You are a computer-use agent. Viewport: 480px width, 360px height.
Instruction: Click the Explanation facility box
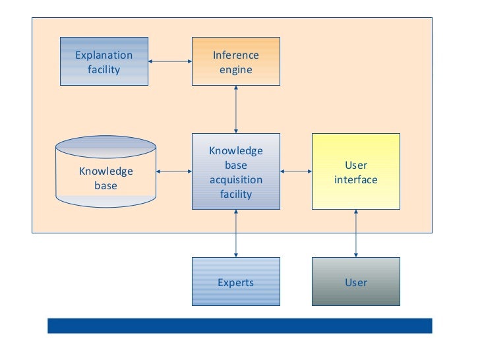tap(104, 61)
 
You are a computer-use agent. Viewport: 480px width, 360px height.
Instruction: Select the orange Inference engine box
tap(236, 61)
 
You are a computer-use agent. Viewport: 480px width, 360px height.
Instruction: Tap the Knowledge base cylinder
tap(106, 171)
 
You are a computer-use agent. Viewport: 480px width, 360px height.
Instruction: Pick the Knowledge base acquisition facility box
tap(236, 171)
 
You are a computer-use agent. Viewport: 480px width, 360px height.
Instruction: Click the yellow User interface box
tap(356, 171)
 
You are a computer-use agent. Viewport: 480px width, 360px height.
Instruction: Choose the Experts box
tap(236, 282)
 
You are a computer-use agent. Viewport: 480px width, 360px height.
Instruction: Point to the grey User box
tap(356, 282)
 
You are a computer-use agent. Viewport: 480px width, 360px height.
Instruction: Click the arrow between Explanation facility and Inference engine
tap(170, 61)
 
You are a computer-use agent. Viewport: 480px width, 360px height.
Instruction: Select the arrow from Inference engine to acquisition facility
tap(236, 109)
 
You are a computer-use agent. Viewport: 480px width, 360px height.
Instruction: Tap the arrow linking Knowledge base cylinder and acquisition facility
tap(174, 171)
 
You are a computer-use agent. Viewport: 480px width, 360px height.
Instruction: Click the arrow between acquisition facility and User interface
tap(296, 171)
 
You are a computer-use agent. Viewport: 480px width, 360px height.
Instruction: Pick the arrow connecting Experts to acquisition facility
tap(236, 233)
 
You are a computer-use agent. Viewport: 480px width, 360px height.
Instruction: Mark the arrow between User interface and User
tap(356, 233)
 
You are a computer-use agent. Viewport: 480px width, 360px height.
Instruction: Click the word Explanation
tap(104, 55)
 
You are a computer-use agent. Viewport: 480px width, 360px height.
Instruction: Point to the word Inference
tap(236, 55)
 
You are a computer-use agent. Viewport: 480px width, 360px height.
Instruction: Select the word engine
tap(236, 70)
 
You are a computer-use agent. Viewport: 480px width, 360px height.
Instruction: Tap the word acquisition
tap(236, 180)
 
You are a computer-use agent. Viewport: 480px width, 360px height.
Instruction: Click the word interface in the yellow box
tap(356, 180)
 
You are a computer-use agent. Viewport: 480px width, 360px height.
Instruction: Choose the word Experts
tap(236, 283)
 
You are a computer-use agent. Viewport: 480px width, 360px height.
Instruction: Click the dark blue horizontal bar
tap(240, 326)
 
